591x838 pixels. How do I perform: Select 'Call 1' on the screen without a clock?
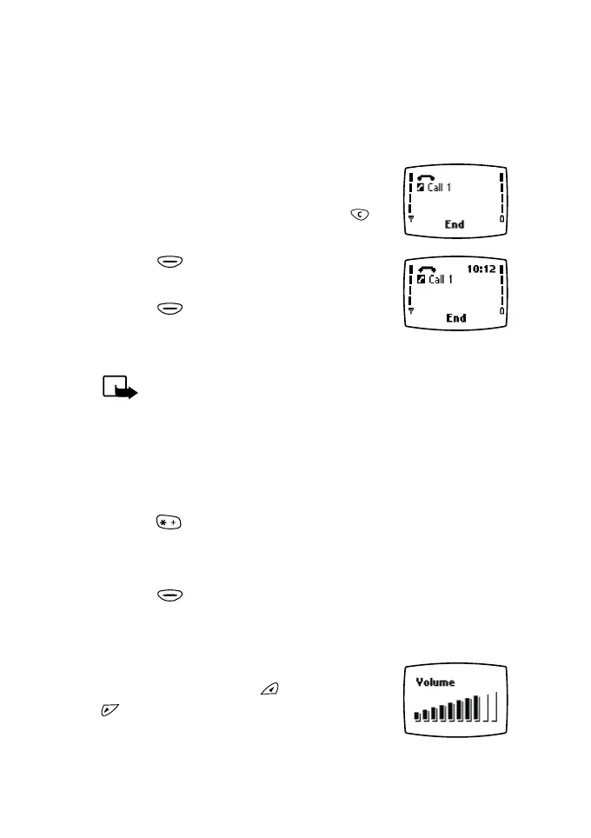click(440, 188)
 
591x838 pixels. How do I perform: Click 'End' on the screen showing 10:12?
click(455, 318)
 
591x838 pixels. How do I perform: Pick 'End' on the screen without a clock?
click(455, 224)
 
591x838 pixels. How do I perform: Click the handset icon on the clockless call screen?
click(426, 176)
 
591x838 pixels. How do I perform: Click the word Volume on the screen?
click(435, 682)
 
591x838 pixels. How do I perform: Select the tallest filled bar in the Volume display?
click(476, 708)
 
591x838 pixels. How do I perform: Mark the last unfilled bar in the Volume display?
click(495, 708)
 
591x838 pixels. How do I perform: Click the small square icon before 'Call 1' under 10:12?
click(422, 280)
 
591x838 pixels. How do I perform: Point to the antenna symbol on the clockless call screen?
click(412, 218)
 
